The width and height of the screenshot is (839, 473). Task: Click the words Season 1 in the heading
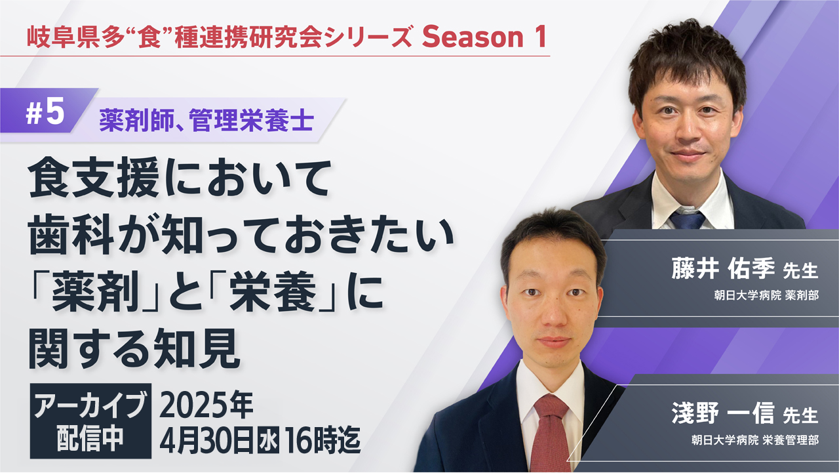pyautogui.click(x=484, y=37)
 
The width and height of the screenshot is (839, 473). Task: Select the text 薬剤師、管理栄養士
pyautogui.click(x=206, y=120)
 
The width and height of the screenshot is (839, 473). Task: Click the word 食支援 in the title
pyautogui.click(x=94, y=177)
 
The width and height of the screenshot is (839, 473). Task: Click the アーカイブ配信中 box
pyautogui.click(x=90, y=421)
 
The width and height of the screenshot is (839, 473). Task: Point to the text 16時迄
pyautogui.click(x=323, y=440)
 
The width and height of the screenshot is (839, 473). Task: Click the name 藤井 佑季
pyautogui.click(x=723, y=269)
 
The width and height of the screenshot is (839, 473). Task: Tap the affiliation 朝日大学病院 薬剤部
pyautogui.click(x=766, y=295)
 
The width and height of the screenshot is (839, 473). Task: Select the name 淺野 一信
pyautogui.click(x=723, y=413)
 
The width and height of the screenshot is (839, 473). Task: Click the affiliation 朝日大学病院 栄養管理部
pyautogui.click(x=754, y=440)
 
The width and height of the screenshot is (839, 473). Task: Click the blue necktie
pyautogui.click(x=688, y=220)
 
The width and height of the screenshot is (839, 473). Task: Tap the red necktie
pyautogui.click(x=550, y=435)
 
